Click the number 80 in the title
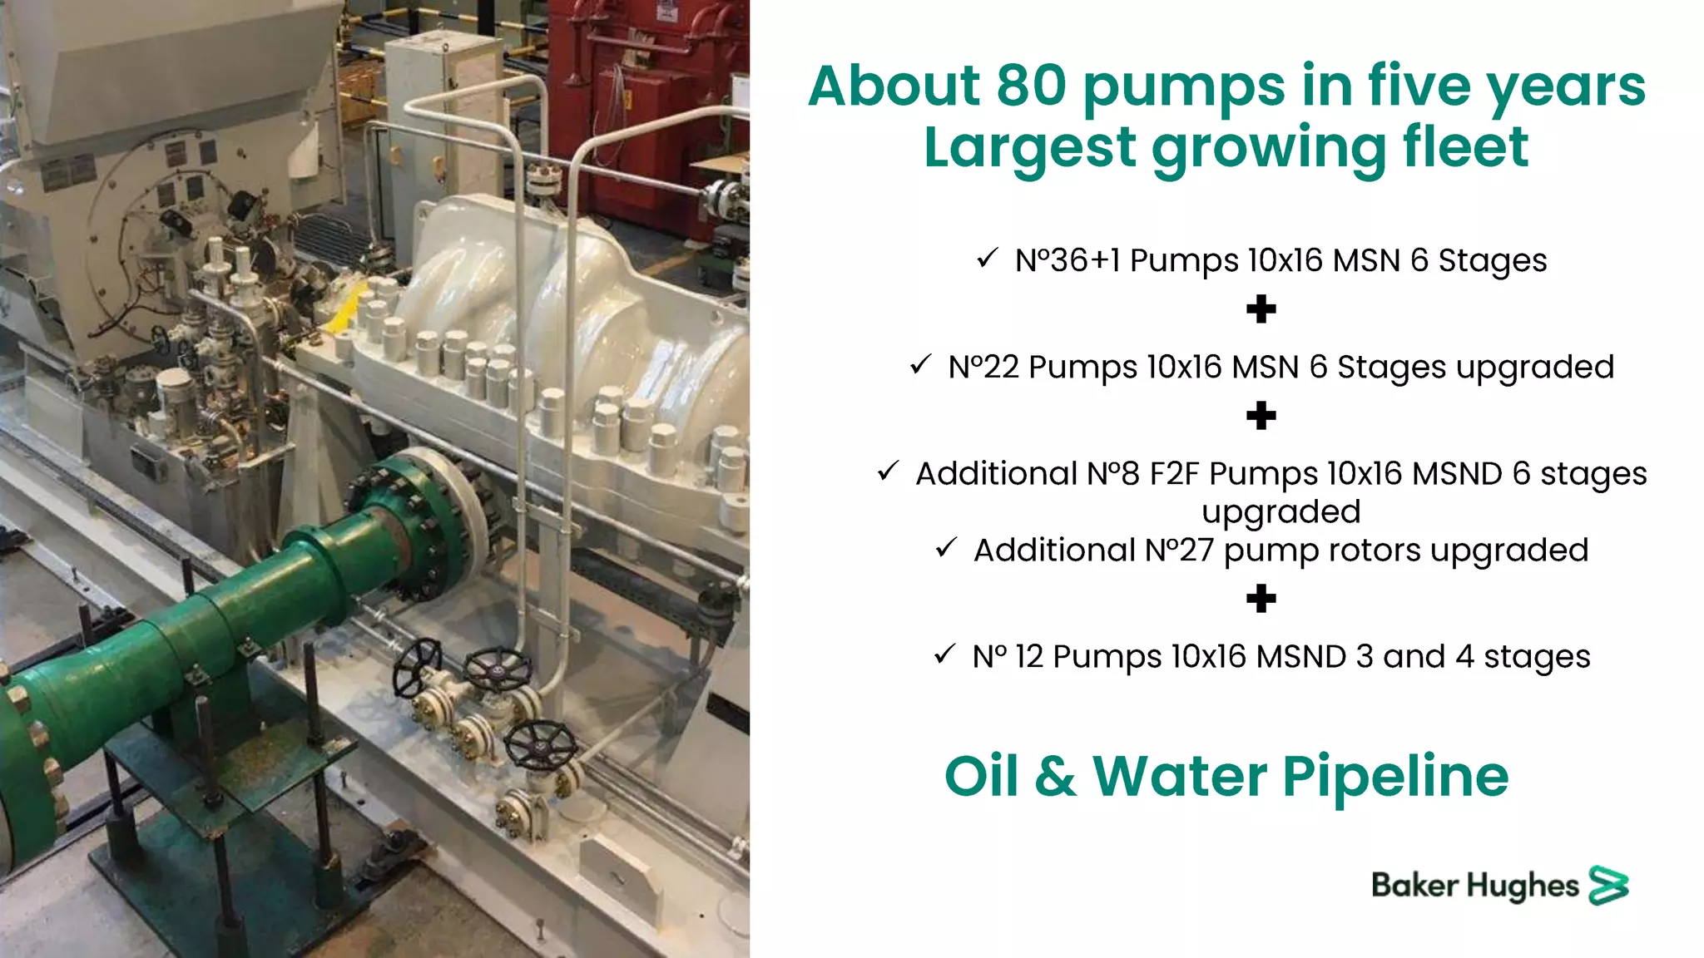coord(1031,86)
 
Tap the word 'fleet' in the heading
coord(1465,147)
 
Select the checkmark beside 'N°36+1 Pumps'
coord(987,259)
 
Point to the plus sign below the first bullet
coord(1261,309)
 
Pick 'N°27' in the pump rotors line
coord(1179,550)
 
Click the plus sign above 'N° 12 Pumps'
coord(1261,598)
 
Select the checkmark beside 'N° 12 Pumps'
coord(944,654)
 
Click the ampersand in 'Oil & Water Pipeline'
coord(1055,776)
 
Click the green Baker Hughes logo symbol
coord(1608,885)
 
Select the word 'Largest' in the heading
coord(1029,147)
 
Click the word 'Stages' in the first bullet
coord(1493,260)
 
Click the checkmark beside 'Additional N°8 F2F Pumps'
coord(888,472)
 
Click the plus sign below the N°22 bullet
coord(1261,416)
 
